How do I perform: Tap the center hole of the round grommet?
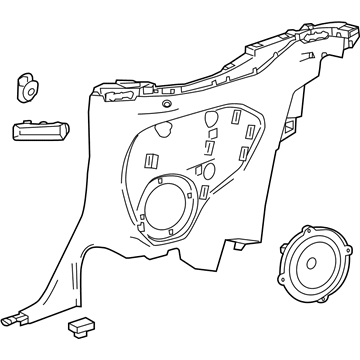28,85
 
